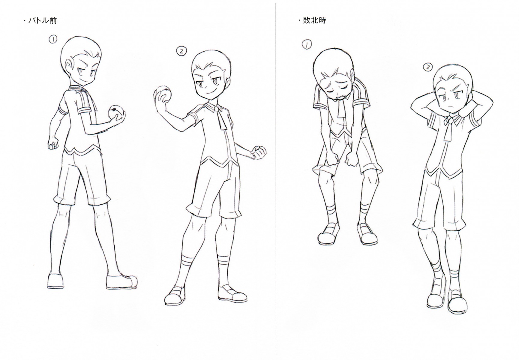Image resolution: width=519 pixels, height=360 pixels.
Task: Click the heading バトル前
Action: click(x=43, y=20)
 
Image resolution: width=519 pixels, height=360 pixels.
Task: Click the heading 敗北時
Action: click(x=314, y=20)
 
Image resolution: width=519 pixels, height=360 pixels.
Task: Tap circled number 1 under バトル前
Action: click(x=53, y=39)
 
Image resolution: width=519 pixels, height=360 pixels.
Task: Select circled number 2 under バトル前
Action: click(x=181, y=51)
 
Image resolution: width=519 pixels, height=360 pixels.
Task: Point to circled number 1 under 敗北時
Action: click(x=307, y=44)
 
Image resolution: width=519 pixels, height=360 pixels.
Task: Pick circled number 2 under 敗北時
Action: click(x=427, y=67)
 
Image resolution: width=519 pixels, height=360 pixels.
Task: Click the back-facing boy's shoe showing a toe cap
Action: click(x=121, y=281)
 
